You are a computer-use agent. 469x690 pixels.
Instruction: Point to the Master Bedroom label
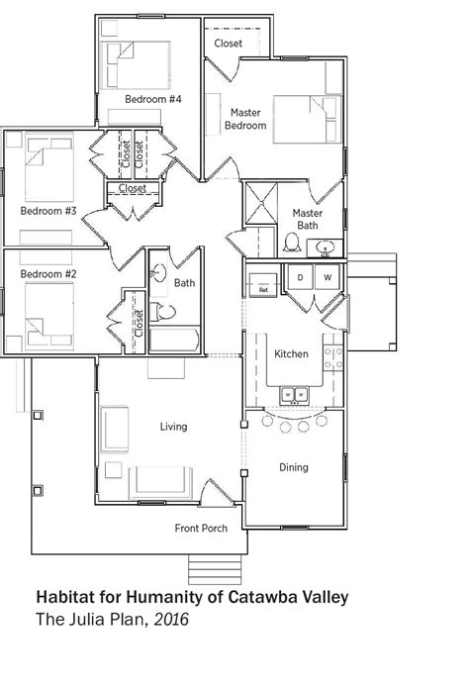tap(244, 119)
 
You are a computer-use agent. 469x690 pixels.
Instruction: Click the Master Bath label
tap(308, 219)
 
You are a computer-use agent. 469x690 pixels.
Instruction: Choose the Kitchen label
tap(291, 354)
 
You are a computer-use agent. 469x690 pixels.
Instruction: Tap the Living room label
tap(174, 427)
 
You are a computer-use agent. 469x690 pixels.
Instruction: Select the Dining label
tap(293, 467)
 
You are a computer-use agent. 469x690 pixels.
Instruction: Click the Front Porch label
tap(201, 528)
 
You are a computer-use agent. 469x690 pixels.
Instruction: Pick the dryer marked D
tap(299, 278)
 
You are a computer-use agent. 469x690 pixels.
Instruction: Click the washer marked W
tap(328, 278)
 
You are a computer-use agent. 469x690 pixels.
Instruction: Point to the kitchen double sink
tap(294, 396)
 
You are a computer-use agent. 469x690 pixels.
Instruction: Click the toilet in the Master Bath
tap(292, 242)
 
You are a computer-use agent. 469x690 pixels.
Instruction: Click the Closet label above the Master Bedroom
tap(229, 44)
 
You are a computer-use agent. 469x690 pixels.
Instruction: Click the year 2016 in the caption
tap(167, 621)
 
